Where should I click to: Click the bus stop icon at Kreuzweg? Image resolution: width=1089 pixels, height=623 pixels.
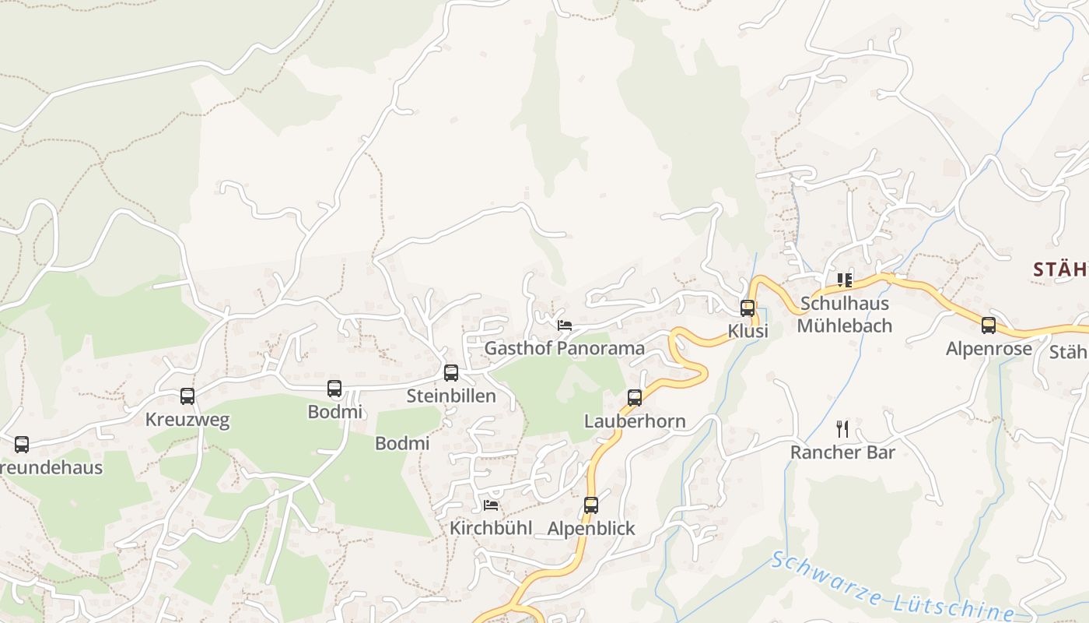(187, 396)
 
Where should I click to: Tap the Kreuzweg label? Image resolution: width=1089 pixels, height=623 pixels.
(187, 421)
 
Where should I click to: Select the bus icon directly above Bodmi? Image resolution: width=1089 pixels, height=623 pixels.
(334, 389)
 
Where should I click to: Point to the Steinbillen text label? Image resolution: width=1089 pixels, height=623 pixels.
(451, 396)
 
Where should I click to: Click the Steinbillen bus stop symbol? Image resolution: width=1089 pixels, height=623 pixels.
(451, 373)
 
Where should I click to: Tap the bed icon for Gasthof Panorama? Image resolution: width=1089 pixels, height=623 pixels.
(565, 325)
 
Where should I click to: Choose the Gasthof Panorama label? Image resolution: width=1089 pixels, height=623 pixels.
(565, 348)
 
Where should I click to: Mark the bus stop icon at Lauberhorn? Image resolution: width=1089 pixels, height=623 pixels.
(635, 398)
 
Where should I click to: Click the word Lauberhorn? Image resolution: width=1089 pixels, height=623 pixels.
(635, 422)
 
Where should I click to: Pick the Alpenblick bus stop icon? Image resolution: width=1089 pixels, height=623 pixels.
(591, 505)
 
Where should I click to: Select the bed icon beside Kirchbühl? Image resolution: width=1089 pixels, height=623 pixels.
(491, 505)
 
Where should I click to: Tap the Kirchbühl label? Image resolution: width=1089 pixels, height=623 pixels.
(491, 529)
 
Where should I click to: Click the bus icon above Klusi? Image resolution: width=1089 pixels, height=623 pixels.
(748, 308)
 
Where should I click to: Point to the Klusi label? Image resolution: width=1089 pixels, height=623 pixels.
(748, 332)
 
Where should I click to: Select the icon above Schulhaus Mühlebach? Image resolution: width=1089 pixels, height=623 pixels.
(845, 280)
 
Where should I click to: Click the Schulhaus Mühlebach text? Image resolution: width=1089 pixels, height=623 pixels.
(845, 315)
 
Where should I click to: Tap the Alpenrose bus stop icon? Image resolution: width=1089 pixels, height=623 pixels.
(989, 326)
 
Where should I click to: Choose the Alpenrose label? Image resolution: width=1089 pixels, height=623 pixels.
(989, 349)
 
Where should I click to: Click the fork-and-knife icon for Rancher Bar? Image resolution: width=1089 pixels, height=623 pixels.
(842, 428)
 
